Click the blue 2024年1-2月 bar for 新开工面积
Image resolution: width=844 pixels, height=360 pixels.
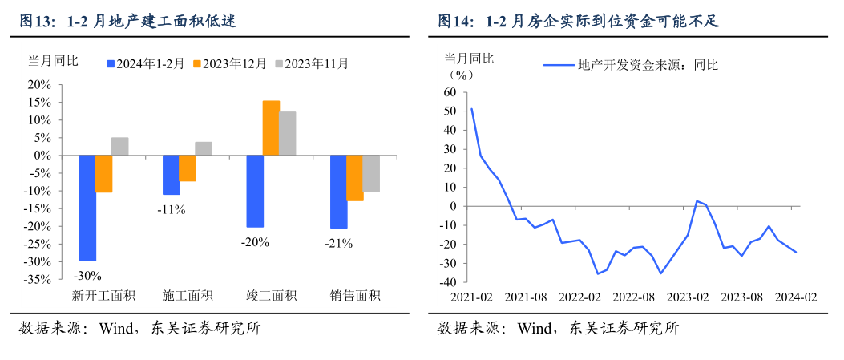pos(87,208)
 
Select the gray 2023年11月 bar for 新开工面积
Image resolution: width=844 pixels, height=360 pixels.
pos(120,146)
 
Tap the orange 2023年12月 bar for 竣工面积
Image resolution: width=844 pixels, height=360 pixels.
pos(271,128)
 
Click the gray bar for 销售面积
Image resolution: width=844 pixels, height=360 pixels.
pos(371,173)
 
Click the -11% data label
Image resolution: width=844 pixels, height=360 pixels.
pos(171,210)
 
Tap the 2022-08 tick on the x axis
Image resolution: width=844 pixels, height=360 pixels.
pos(634,297)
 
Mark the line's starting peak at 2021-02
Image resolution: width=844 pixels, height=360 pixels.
pos(471,108)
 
